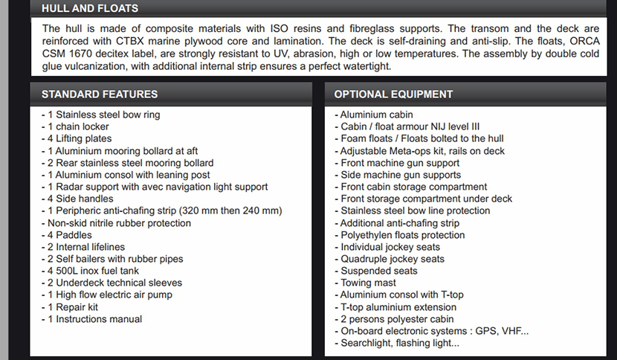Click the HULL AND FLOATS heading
pyautogui.click(x=89, y=8)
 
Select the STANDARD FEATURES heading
pyautogui.click(x=99, y=94)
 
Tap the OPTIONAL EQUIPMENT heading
pyautogui.click(x=393, y=94)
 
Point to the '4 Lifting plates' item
pyautogui.click(x=80, y=138)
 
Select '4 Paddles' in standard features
pyautogui.click(x=71, y=235)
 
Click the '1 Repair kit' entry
pyautogui.click(x=73, y=307)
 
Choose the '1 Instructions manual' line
pyautogui.click(x=94, y=319)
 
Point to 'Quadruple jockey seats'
pyautogui.click(x=393, y=259)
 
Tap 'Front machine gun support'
pyautogui.click(x=400, y=163)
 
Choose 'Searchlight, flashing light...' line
pyautogui.click(x=400, y=343)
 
